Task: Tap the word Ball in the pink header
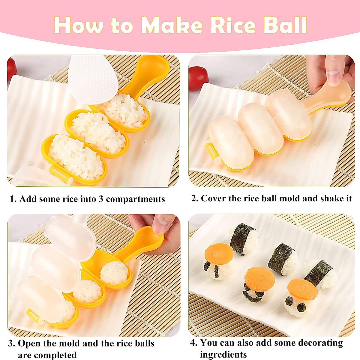(285, 25)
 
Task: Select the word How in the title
(78, 25)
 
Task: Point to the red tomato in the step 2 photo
(198, 78)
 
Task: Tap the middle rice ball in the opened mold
(88, 291)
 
